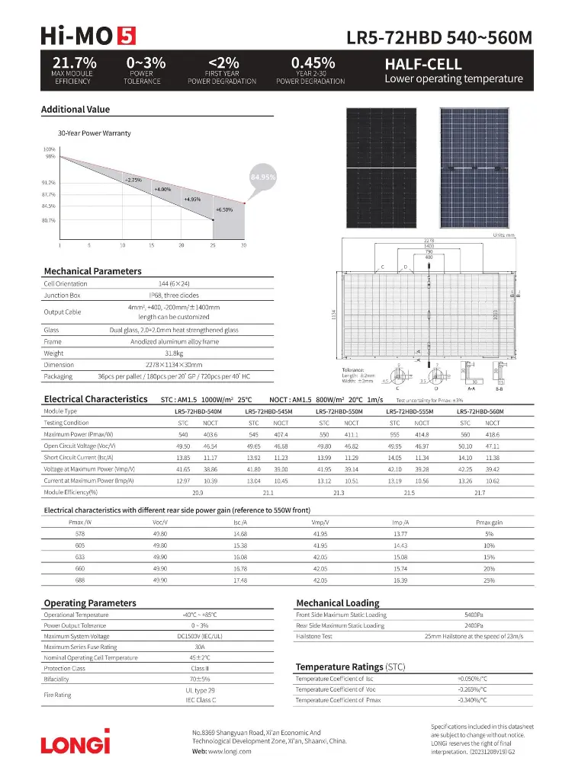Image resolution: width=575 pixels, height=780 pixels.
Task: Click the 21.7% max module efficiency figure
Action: click(73, 63)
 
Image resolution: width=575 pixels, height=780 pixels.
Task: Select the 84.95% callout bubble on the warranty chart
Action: click(263, 177)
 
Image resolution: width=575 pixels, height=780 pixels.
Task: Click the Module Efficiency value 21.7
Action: click(479, 494)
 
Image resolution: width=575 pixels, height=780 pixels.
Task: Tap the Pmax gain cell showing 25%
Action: click(489, 581)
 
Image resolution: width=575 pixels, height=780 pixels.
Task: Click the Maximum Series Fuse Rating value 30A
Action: click(199, 647)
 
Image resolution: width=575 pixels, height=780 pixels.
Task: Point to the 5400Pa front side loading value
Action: click(474, 615)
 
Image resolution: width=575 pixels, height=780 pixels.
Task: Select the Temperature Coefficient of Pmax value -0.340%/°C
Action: click(472, 699)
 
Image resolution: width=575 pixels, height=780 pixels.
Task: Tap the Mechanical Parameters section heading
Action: click(92, 271)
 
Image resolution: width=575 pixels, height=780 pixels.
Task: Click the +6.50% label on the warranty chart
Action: click(223, 209)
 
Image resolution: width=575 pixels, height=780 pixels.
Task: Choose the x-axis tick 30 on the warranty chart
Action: click(244, 245)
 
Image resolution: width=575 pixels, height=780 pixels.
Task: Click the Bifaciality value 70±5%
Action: click(199, 679)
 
